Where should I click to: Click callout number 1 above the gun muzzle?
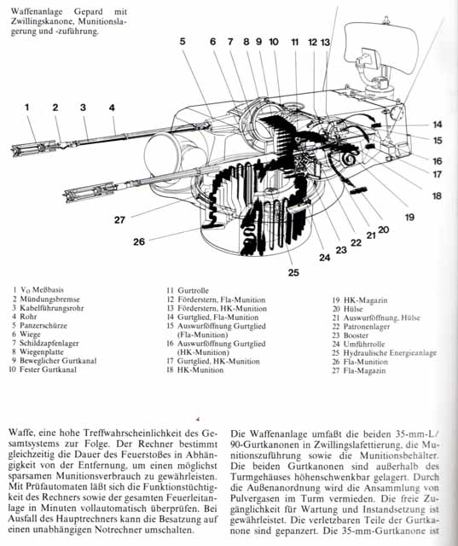pos(26,107)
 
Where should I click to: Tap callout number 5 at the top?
pos(183,42)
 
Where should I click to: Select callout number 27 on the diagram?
pos(119,220)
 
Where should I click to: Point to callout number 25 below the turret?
pos(293,273)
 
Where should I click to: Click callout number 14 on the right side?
pos(438,125)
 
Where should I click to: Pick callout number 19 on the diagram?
pos(410,218)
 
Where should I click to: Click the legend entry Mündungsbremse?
pos(49,299)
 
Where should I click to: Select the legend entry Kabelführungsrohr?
pos(52,308)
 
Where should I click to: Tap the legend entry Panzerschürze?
pos(43,326)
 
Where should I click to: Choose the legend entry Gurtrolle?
pos(193,290)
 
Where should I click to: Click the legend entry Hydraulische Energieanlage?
pos(390,353)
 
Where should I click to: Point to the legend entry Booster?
pos(356,335)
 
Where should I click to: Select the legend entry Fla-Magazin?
pos(364,370)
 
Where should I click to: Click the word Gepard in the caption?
pos(88,12)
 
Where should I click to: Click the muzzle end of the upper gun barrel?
pos(14,151)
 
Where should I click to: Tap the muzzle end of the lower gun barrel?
pos(66,196)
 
